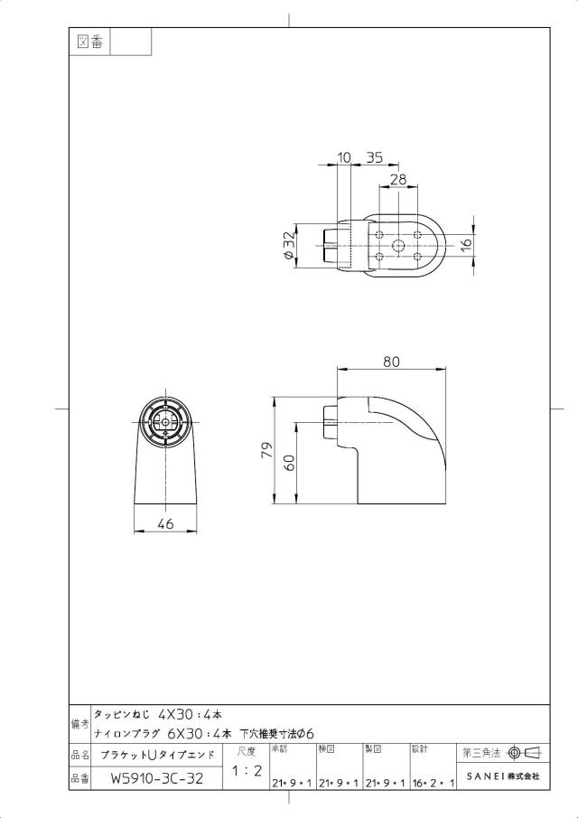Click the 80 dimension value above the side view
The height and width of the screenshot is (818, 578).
point(391,361)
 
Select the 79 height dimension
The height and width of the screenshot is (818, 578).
point(266,449)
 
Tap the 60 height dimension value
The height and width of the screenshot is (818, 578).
point(290,462)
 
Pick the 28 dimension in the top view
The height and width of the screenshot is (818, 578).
point(397,180)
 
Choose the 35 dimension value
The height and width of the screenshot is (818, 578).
point(374,157)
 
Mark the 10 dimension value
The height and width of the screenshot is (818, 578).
point(344,157)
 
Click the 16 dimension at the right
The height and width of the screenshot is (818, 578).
point(466,243)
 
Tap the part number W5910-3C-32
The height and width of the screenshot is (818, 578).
point(157,779)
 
